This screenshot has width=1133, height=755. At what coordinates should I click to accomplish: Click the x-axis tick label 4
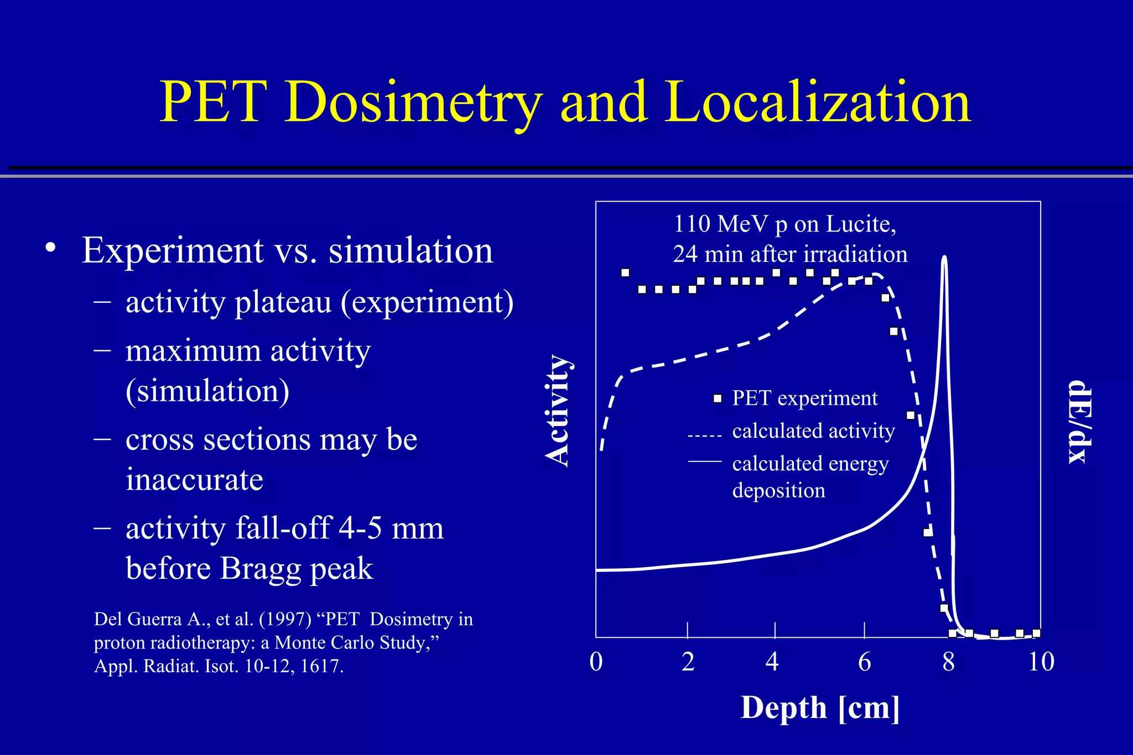click(772, 662)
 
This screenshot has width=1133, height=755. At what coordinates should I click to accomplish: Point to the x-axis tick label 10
click(1041, 662)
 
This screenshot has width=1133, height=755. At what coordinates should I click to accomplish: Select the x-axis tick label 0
click(596, 662)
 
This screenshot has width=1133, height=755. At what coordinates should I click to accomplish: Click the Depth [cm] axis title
click(820, 707)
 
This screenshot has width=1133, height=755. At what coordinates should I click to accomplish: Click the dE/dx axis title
click(1079, 422)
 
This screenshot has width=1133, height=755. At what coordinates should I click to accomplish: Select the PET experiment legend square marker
click(718, 399)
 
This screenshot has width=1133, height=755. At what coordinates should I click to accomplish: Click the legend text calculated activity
click(813, 431)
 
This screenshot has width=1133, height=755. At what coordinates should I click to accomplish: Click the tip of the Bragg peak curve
click(944, 258)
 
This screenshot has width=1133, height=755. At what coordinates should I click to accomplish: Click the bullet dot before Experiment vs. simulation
click(51, 248)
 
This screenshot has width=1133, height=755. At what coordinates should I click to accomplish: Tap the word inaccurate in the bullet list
click(194, 479)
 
